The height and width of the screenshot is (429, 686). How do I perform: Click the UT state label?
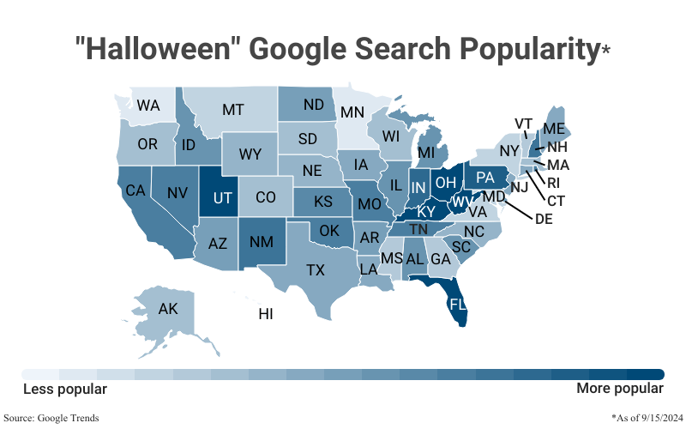pos(223,197)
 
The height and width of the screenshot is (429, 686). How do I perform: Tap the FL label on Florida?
pos(457,305)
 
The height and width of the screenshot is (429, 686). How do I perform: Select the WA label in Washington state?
pos(148,106)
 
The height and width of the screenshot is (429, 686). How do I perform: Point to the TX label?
pos(316,270)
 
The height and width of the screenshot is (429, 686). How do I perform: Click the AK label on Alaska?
pos(168,309)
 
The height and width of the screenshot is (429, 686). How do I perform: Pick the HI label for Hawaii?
pos(266,315)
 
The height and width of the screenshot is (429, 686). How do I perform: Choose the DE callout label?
pos(543,219)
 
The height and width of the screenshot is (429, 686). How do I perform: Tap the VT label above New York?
pos(523,124)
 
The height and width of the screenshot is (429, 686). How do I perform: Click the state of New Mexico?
pos(261,241)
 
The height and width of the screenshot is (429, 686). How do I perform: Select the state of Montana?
pos(233,110)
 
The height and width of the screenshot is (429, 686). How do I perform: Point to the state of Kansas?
pos(322,202)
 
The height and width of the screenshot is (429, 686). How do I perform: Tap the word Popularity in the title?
pos(529,48)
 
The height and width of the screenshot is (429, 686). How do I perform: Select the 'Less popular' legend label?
pos(64,390)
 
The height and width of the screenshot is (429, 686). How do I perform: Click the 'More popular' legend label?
pos(619,390)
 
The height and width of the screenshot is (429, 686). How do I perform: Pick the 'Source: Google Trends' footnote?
pos(51,418)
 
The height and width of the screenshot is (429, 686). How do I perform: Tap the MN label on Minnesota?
pos(352,112)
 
